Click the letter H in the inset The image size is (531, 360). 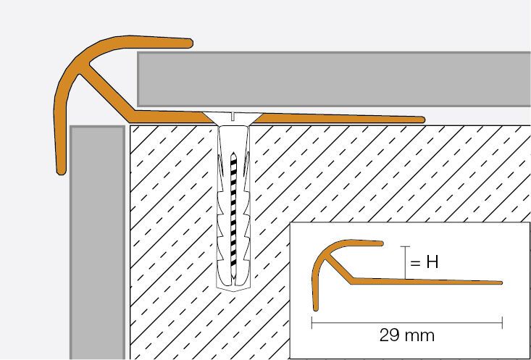click(432, 261)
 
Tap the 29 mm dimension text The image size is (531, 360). click(407, 335)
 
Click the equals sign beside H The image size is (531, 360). click(415, 263)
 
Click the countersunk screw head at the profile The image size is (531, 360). click(233, 119)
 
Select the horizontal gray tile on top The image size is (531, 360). click(334, 79)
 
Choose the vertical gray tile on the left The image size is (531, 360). click(98, 243)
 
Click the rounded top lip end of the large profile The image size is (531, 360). click(191, 43)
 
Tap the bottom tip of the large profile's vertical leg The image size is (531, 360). click(62, 172)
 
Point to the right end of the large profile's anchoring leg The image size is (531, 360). click(422, 120)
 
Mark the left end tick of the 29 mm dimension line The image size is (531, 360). click(312, 323)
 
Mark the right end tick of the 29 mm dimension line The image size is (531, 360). click(502, 323)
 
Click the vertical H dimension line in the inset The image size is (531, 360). click(405, 262)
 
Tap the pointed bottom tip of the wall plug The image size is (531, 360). click(233, 290)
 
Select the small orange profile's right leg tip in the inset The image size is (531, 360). click(501, 282)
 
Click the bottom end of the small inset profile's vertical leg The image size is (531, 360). click(316, 309)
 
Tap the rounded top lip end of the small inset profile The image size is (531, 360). click(381, 243)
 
